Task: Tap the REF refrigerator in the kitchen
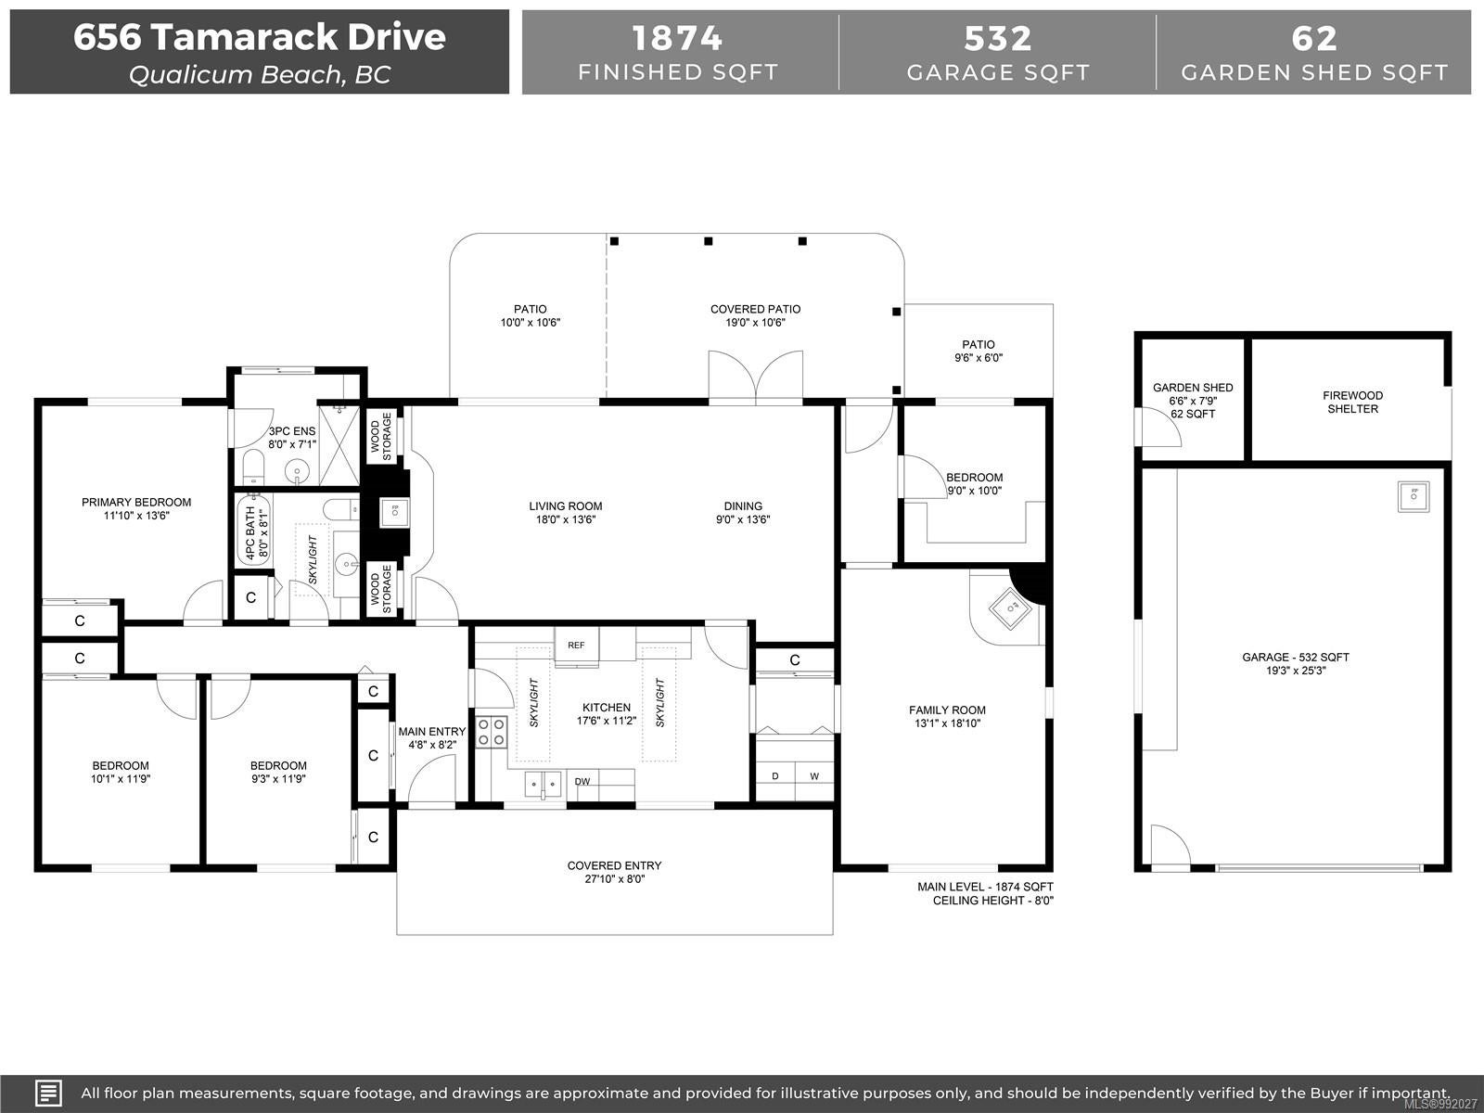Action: click(576, 646)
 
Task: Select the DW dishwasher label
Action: click(582, 781)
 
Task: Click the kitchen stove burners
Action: click(492, 732)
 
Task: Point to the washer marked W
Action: click(814, 775)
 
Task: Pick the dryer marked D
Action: click(774, 775)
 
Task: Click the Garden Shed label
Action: click(1193, 387)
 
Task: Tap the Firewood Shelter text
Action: click(1352, 403)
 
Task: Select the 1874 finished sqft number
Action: click(677, 38)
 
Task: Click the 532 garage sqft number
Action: click(998, 39)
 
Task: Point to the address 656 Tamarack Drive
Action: click(260, 36)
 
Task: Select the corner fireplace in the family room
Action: click(1010, 608)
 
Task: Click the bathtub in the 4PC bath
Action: click(253, 531)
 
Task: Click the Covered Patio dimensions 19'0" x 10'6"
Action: click(755, 323)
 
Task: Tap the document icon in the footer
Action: click(48, 1093)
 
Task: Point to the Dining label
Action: click(743, 506)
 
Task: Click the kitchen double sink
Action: click(543, 785)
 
